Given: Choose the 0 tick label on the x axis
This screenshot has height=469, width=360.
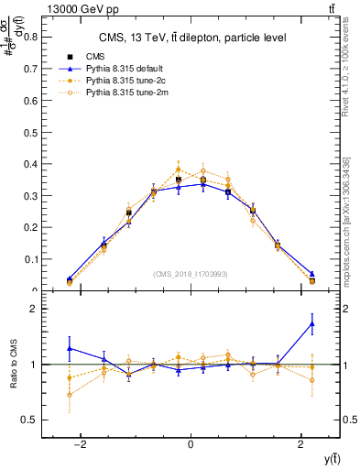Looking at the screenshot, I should [x=191, y=445].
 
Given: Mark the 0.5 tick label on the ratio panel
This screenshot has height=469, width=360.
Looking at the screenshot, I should [x=30, y=420].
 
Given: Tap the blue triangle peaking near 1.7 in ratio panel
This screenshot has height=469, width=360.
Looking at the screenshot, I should [x=312, y=323].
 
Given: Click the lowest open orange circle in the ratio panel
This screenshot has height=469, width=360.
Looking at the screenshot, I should [x=70, y=395].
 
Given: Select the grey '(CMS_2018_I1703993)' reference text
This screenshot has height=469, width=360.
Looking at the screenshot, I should [x=191, y=274].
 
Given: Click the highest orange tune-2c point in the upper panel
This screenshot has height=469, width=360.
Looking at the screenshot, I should [x=179, y=169].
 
